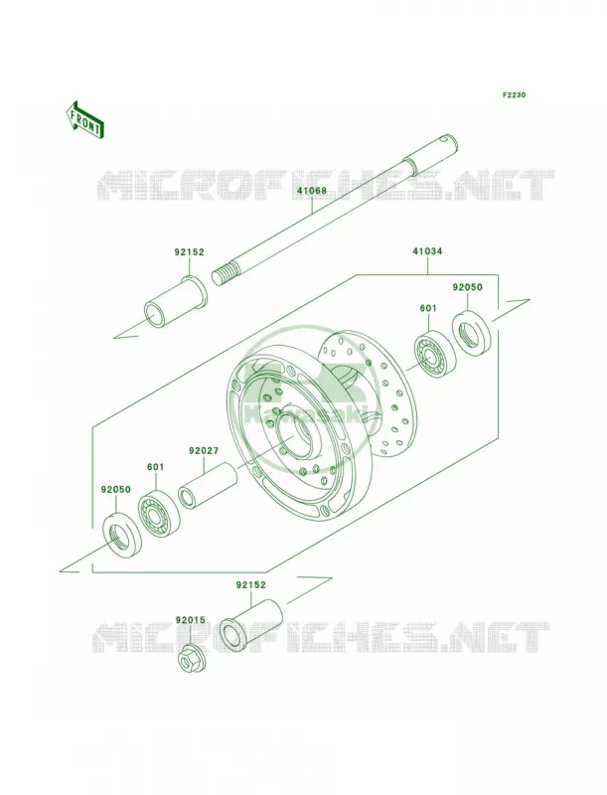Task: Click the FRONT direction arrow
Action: pos(84,119)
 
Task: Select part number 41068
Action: pos(312,191)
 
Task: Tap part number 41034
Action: pos(427,251)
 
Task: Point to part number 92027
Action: pos(204,450)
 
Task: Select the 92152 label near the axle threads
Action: pos(189,252)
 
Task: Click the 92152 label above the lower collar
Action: pos(250,584)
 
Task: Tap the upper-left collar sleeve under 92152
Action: pos(175,303)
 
